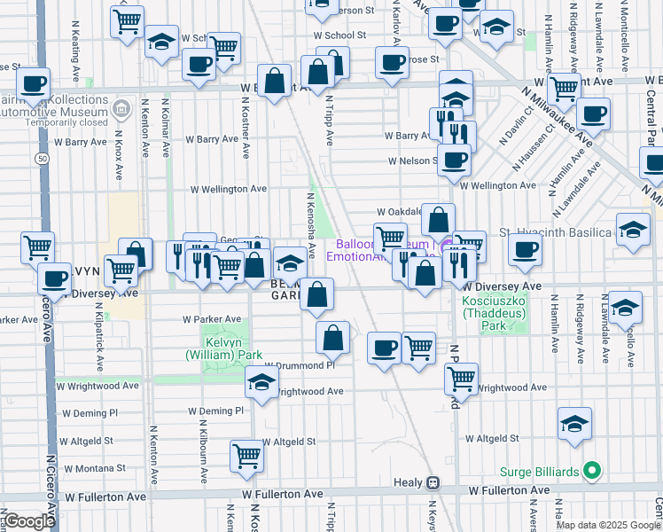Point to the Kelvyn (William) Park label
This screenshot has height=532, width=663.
point(224,348)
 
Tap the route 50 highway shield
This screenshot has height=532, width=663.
point(43,158)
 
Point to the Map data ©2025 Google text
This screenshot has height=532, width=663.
point(608,525)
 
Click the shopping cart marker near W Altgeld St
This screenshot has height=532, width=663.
point(247,457)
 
